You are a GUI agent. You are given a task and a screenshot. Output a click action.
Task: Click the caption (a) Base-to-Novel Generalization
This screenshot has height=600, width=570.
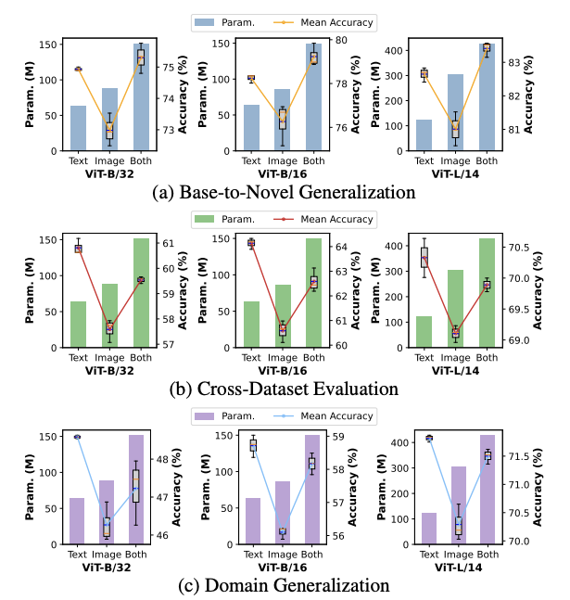(x=284, y=192)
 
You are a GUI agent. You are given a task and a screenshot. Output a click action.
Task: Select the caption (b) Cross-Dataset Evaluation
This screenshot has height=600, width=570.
(x=284, y=389)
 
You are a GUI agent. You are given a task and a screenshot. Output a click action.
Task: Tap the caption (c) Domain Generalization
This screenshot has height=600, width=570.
(x=284, y=585)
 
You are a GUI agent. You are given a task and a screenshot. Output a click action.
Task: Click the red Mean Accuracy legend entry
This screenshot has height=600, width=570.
(x=323, y=219)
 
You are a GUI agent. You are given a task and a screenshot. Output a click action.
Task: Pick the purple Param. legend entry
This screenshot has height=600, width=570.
(x=224, y=416)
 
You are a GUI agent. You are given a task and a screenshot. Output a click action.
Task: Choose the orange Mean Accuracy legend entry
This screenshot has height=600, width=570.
(x=323, y=22)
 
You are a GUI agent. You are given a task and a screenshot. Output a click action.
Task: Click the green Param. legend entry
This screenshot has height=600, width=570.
(x=224, y=219)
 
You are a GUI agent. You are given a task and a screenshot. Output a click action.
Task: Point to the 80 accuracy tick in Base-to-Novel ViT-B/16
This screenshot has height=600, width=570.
(x=341, y=40)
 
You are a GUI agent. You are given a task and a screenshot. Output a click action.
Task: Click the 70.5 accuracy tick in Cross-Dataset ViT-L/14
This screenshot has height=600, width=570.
(x=519, y=248)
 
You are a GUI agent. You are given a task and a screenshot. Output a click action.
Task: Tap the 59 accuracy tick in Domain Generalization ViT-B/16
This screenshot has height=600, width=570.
(x=337, y=437)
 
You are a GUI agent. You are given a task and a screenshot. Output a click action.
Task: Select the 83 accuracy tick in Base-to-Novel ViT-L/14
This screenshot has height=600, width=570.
(x=514, y=62)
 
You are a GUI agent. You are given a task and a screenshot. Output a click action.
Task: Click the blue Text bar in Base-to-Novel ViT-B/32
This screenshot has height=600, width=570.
(x=79, y=128)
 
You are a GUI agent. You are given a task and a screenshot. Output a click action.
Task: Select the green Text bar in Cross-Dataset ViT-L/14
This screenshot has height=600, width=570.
(x=424, y=332)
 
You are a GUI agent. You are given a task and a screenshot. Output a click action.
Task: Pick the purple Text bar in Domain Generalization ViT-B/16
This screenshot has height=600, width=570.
(x=253, y=521)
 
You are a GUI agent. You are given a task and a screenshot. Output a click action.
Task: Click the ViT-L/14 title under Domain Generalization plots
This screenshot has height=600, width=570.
(x=458, y=568)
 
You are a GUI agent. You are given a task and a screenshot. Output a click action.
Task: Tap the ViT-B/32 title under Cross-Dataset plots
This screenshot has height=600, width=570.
(x=109, y=370)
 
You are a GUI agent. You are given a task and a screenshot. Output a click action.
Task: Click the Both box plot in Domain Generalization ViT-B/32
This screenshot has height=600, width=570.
(x=136, y=486)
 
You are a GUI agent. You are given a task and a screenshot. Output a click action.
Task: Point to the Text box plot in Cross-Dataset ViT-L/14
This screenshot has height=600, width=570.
(x=424, y=258)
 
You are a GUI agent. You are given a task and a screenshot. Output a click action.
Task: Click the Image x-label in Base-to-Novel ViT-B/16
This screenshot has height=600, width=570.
(x=283, y=161)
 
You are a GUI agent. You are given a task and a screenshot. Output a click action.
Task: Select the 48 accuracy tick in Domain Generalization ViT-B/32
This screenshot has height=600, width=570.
(x=162, y=459)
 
